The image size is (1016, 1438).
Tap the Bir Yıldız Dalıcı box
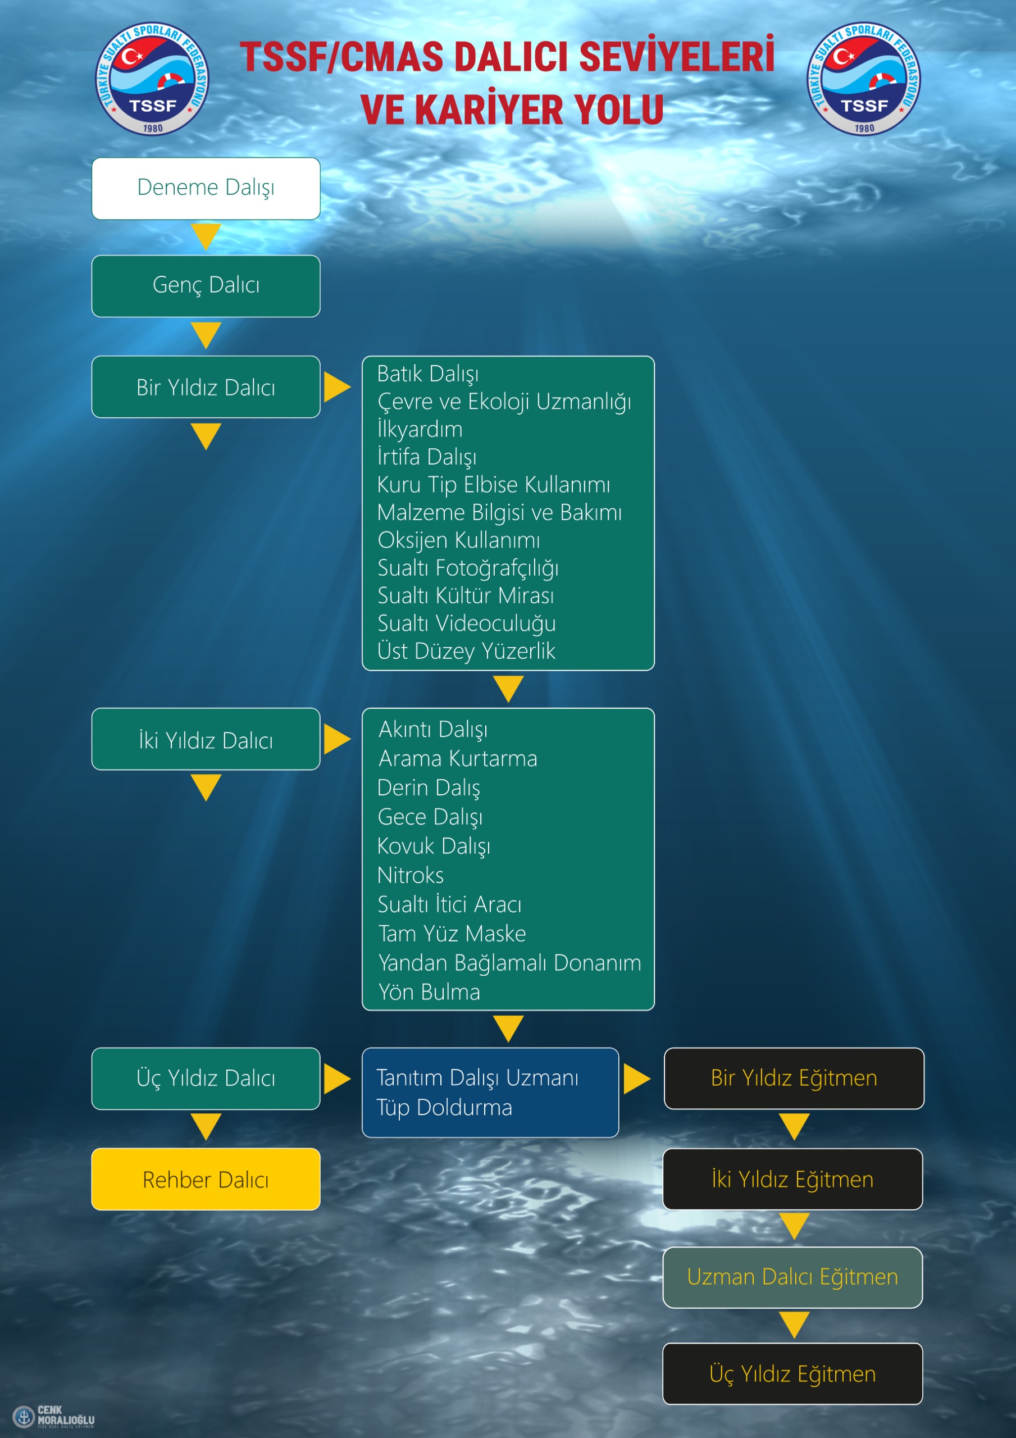tap(206, 387)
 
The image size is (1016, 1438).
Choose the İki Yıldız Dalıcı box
tap(206, 739)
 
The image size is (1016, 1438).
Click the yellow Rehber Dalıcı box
tap(206, 1180)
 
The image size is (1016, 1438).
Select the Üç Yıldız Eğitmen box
tap(793, 1374)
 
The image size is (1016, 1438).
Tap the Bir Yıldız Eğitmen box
tap(794, 1078)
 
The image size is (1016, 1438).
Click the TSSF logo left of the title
tap(152, 79)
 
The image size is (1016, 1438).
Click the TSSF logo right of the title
tap(864, 79)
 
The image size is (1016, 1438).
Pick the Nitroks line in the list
tap(411, 876)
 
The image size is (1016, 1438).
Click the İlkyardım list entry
tap(420, 429)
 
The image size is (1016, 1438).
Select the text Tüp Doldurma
tap(445, 1108)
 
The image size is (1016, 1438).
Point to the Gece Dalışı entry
tap(430, 817)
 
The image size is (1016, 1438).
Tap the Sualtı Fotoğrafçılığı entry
tap(468, 568)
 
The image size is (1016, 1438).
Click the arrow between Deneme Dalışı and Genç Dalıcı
tap(206, 236)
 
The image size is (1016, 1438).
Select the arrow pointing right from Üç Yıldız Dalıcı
tap(338, 1078)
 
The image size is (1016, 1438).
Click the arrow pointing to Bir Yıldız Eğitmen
tap(637, 1078)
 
